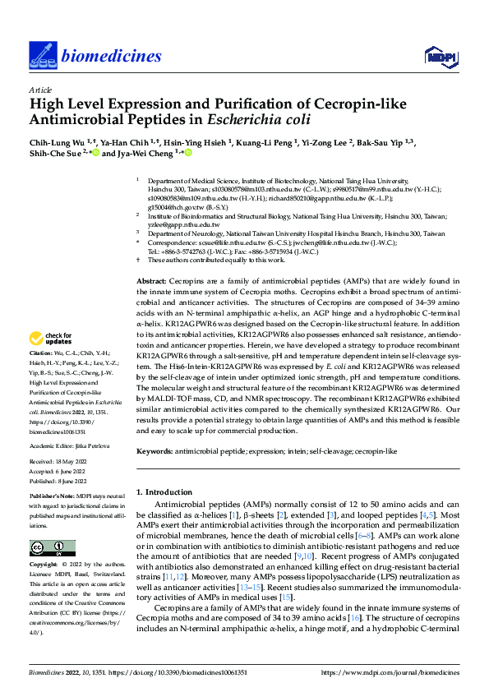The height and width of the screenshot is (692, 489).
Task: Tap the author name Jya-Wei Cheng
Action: tap(149, 154)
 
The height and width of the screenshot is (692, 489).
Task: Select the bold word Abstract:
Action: tap(151, 282)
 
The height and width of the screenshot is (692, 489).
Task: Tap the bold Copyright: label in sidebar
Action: tap(44, 566)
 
